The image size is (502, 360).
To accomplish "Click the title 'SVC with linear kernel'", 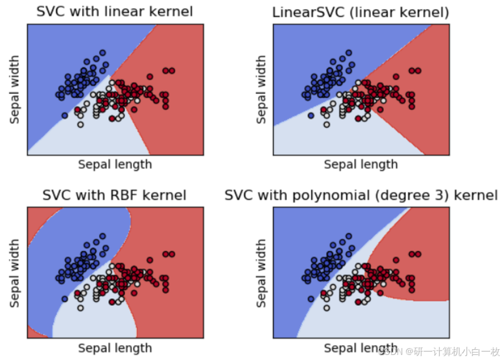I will click(x=114, y=11).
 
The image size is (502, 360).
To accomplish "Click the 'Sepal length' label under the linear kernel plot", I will click(x=115, y=164).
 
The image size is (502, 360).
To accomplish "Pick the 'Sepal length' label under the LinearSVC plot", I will click(x=361, y=164).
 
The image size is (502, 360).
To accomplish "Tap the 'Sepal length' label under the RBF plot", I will click(x=115, y=348).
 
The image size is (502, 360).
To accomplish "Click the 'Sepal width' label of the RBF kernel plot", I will click(x=14, y=273).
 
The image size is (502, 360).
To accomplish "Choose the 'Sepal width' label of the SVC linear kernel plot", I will click(x=14, y=90).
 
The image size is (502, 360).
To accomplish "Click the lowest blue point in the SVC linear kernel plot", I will click(x=65, y=115).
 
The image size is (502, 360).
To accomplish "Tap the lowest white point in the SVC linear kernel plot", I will click(x=81, y=124).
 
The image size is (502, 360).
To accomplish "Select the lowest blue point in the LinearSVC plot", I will click(x=311, y=115).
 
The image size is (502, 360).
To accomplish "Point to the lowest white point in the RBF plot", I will click(x=81, y=308).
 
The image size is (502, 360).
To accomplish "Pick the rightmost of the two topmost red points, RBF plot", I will click(x=172, y=254).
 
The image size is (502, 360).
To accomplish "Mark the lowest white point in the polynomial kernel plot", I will click(x=327, y=308).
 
